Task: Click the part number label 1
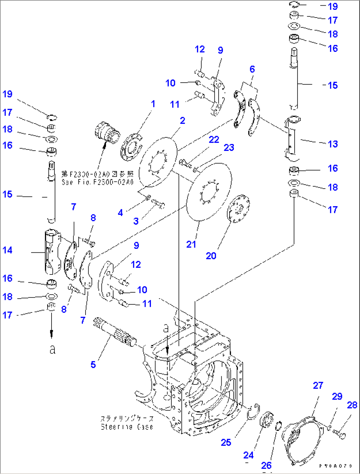153,104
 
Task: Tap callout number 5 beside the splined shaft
93,364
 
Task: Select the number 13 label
333,144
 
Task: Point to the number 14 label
7,250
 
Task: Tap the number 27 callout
318,385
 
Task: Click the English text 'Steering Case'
127,427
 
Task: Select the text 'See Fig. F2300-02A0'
97,182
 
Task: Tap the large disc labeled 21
209,192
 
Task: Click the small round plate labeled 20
239,209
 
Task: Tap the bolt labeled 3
159,204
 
